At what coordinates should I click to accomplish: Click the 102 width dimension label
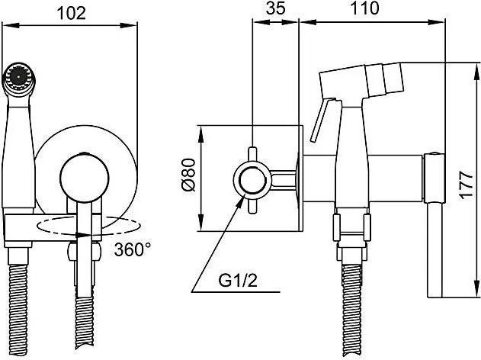(72, 13)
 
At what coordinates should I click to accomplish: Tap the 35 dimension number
(276, 8)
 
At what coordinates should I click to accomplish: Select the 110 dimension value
(364, 8)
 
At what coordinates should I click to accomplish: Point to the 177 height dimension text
(467, 185)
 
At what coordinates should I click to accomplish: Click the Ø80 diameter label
(188, 175)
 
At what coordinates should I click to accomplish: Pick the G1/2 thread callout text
(238, 280)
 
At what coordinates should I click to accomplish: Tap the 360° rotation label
(133, 249)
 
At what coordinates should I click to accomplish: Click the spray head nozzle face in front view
(19, 77)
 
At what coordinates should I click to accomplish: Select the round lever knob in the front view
(85, 178)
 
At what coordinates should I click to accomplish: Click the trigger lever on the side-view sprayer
(322, 120)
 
